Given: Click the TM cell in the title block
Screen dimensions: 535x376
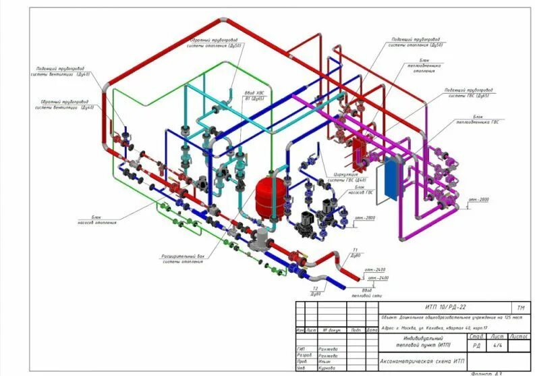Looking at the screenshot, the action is tap(518, 308).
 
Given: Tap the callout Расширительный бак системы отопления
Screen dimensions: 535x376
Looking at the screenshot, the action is tap(183, 259).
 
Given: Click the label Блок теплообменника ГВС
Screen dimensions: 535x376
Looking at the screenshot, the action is tap(488, 119).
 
